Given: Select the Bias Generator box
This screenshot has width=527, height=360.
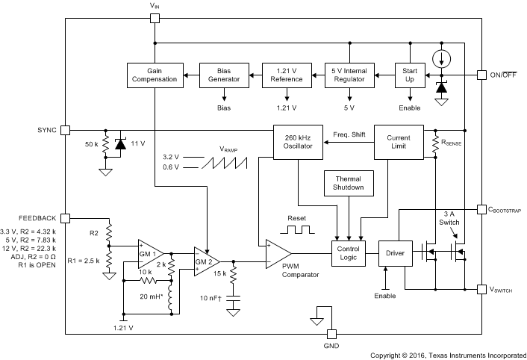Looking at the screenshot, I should pos(224,75).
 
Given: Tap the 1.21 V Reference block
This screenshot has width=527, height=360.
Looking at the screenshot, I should pos(287,75).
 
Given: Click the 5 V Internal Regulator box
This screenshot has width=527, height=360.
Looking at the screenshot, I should pos(349,75).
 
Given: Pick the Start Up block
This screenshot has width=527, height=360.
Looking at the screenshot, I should pos(410,75).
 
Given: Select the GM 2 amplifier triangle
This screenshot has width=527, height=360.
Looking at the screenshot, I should pos(205,261).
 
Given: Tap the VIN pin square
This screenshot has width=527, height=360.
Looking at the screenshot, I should pos(155,18).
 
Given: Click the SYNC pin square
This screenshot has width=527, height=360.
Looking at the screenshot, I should pos(65,130).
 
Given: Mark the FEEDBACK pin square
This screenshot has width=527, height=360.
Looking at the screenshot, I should pos(65,217).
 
